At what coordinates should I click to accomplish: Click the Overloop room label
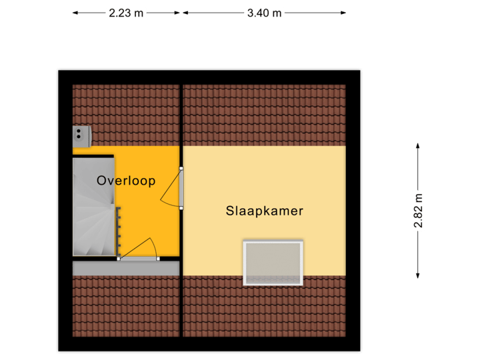tap(126, 181)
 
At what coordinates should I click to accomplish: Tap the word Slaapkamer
tap(265, 211)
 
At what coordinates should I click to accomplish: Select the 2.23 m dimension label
tap(126, 13)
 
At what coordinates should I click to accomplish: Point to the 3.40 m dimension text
tap(265, 13)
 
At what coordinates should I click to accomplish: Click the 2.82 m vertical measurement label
tap(418, 211)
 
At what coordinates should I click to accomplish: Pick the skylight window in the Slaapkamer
tap(274, 262)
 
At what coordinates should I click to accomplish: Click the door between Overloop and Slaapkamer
tap(181, 189)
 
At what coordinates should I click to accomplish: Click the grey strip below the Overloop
tap(126, 268)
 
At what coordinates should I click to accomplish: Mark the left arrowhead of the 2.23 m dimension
tap(75, 13)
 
